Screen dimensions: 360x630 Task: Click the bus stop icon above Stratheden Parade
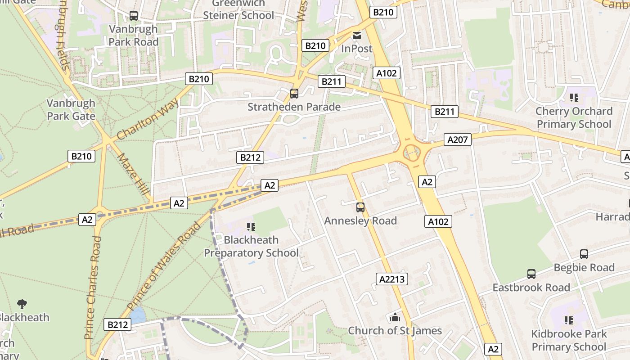294,94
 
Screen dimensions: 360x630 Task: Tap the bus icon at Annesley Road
360,207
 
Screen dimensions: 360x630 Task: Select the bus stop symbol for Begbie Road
584,254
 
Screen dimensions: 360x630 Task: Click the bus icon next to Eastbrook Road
531,274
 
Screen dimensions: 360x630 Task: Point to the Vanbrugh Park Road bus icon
133,16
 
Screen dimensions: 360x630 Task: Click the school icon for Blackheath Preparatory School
251,227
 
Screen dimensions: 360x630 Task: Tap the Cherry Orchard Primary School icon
574,98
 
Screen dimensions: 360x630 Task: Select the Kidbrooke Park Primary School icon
569,320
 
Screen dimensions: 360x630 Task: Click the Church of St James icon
395,318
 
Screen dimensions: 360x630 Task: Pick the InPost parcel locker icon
357,35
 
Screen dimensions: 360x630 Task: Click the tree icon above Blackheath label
22,304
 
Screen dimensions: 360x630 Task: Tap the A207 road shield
458,140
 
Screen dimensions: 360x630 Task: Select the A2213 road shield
392,279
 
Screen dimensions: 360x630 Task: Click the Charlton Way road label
147,120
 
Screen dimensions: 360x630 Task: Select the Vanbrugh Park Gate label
71,109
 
